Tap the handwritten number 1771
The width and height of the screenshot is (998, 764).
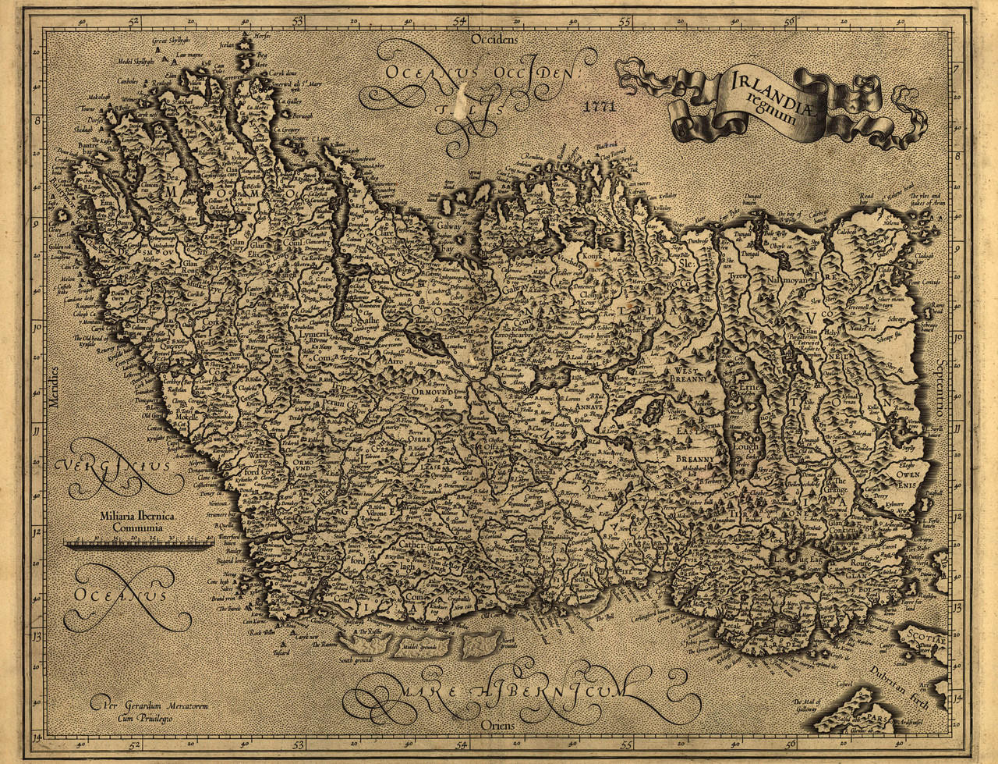pyautogui.click(x=596, y=105)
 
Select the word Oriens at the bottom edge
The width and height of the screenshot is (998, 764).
pyautogui.click(x=498, y=725)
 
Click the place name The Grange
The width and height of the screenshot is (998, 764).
pyautogui.click(x=840, y=487)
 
